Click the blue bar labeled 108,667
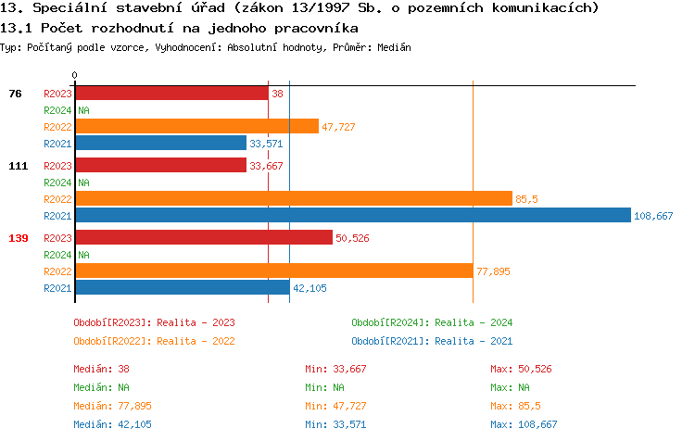(352, 216)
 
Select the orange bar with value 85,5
(293, 198)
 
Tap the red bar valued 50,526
(203, 238)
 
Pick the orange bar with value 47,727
(196, 126)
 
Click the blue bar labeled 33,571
(160, 144)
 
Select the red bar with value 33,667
(160, 166)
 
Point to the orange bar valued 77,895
(273, 271)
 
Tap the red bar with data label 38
(171, 94)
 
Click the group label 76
(15, 94)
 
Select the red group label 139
(19, 238)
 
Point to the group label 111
(19, 166)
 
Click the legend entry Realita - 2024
(432, 322)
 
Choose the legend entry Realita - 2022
(154, 341)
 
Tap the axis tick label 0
(75, 74)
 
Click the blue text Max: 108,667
(524, 424)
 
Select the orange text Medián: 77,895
(112, 406)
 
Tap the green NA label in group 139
(83, 255)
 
